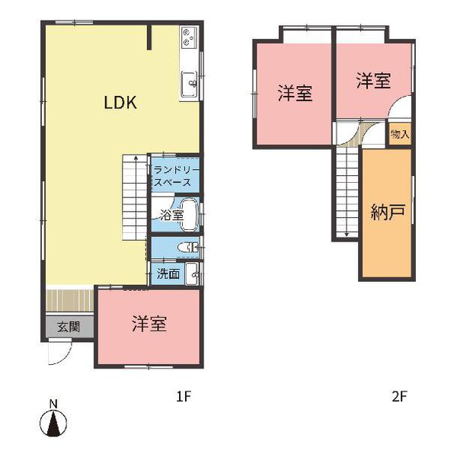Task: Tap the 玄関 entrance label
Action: (69, 327)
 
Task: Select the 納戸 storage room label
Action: (387, 213)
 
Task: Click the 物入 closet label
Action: (400, 134)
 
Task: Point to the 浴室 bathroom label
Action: (171, 216)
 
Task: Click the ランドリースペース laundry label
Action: (175, 177)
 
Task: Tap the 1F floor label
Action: (182, 396)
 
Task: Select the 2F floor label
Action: (400, 396)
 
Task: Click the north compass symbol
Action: (53, 423)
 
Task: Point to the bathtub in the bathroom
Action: (189, 215)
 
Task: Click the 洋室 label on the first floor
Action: (149, 323)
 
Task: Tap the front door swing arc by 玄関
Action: (59, 353)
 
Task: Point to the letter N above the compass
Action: (53, 403)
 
